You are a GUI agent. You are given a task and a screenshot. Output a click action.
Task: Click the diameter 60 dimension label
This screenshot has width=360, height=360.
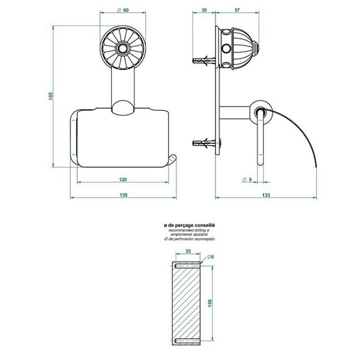tap(123, 10)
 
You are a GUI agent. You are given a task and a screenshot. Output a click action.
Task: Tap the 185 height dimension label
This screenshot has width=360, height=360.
tap(51, 96)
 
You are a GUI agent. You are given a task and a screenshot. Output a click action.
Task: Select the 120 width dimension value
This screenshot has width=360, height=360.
tap(123, 179)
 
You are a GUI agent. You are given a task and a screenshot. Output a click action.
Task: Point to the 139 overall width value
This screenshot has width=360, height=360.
tap(123, 195)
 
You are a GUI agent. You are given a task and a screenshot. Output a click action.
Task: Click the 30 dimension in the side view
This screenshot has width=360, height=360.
tap(204, 10)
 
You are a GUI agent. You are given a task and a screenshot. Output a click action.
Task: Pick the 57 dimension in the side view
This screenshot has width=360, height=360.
tap(237, 10)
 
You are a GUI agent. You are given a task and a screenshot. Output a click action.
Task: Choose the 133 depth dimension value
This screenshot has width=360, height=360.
tap(266, 195)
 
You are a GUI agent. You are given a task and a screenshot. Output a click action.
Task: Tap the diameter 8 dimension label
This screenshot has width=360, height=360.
tap(247, 179)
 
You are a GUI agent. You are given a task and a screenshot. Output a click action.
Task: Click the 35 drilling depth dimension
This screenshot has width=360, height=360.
tap(188, 251)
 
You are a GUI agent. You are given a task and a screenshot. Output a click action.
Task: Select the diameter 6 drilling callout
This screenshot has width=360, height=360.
tap(211, 257)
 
